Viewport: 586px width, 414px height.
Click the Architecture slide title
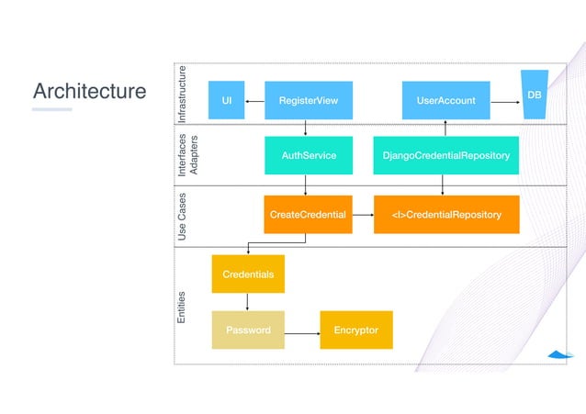tap(89, 92)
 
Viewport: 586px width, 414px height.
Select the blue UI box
tap(226, 100)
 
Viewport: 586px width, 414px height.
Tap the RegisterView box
tap(308, 100)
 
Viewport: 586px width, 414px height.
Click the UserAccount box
tap(445, 100)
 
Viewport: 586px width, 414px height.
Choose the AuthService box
tap(308, 156)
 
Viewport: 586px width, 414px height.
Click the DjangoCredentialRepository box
tap(445, 156)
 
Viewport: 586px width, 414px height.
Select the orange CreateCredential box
tap(308, 214)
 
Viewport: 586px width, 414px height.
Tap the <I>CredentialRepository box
tap(445, 214)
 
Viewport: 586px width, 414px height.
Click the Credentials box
tap(247, 274)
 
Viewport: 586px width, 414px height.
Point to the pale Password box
tap(247, 330)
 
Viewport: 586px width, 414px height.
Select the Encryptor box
tap(355, 330)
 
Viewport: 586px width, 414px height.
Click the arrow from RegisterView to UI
tap(254, 100)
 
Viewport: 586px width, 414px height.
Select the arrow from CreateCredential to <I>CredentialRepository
tap(363, 214)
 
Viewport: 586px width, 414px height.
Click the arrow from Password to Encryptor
tap(301, 330)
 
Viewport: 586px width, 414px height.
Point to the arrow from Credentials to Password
tap(247, 302)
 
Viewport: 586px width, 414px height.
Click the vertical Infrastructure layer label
tap(182, 95)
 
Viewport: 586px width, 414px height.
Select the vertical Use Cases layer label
tap(182, 217)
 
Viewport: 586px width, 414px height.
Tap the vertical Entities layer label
tap(182, 307)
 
